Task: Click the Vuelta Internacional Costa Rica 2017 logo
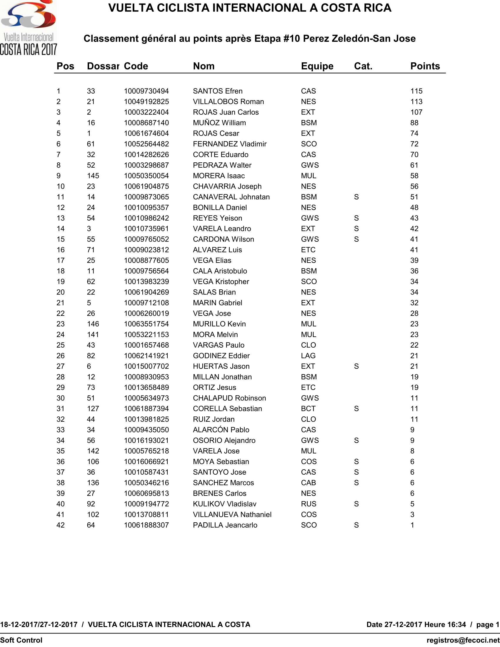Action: pos(29,28)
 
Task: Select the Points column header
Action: pos(425,66)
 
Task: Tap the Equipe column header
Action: pos(317,66)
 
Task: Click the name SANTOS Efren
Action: pos(217,91)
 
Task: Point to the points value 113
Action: pos(416,102)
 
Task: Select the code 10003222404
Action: pos(146,112)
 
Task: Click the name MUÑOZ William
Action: pos(219,123)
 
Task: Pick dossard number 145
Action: pos(93,176)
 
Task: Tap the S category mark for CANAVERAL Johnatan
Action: pos(356,197)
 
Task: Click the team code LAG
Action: pos(308,356)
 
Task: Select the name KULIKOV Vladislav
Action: pos(224,504)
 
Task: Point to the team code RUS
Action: pos(308,504)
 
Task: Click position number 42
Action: pos(60,525)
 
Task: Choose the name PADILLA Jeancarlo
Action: pos(225,525)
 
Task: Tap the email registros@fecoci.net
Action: pos(463,640)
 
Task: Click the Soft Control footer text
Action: pos(21,640)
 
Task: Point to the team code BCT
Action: pos(308,409)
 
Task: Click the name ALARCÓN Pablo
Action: pos(221,430)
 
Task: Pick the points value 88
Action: pos(414,123)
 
